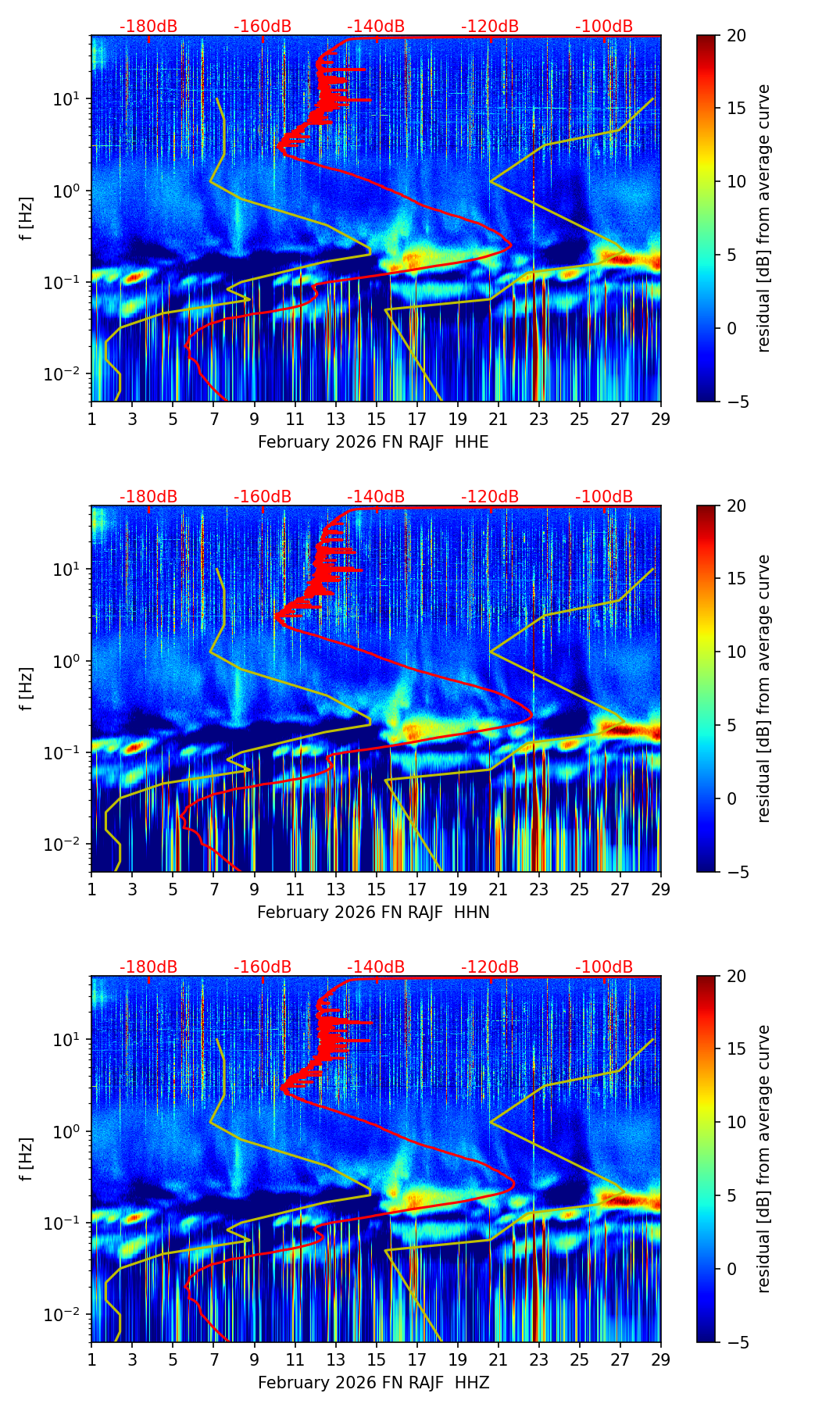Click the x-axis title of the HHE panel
point(373,442)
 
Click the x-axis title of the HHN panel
point(373,913)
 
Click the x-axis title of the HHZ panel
point(373,1383)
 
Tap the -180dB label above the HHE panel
point(148,27)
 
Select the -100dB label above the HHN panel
point(604,497)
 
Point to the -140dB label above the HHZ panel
point(376,967)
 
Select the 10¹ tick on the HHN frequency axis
point(69,570)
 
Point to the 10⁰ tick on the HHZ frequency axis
point(69,1131)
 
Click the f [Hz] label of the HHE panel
point(27,218)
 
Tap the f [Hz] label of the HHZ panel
point(27,1159)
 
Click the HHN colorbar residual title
point(763,688)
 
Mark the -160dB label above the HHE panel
point(263,27)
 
